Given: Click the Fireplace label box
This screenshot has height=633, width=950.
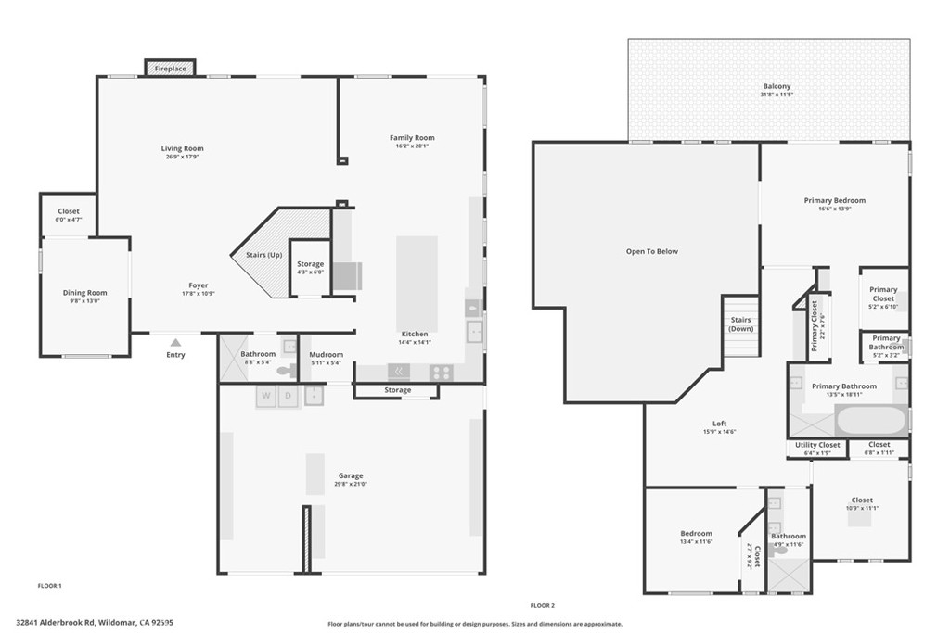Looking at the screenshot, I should point(170,69).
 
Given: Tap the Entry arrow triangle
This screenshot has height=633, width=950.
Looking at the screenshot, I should point(175,343).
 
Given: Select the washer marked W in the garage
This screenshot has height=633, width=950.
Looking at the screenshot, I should point(267,397).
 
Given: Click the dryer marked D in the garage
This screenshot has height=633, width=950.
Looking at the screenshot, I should point(288,397).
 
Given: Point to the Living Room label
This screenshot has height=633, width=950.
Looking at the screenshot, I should point(182,148).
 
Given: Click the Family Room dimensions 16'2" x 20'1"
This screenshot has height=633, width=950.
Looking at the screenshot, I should point(412,146).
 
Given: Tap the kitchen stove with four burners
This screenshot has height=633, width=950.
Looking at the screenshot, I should point(441,373).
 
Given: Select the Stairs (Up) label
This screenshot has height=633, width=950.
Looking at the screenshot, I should point(263,255).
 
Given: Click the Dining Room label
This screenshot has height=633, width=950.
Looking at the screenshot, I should point(84,293).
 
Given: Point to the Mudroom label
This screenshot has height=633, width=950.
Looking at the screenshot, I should point(327,354).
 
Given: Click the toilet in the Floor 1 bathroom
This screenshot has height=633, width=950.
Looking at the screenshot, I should point(286,370).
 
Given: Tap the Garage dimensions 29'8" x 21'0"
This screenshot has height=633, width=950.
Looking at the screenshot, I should point(351,484).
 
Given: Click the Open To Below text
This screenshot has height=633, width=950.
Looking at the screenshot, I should point(652,251).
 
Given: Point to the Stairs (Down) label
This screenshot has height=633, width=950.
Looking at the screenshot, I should point(741,324).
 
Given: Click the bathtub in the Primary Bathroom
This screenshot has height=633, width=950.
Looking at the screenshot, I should point(870,421).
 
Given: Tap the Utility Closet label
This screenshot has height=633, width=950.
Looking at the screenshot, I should point(817,445).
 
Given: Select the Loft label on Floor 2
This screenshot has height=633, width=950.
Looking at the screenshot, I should point(720,424).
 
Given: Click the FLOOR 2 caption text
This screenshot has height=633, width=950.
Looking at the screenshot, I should point(542,605).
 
